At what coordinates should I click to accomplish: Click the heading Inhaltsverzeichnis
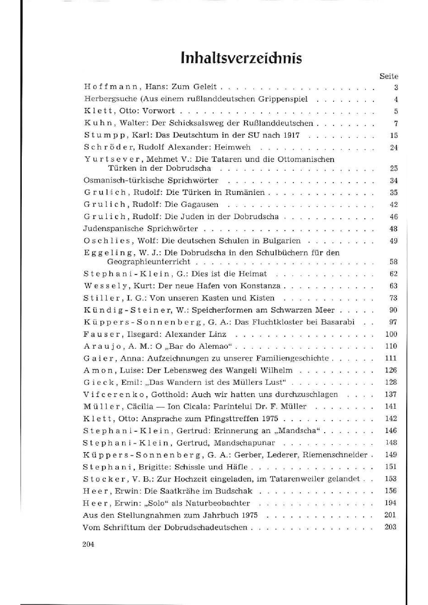242,58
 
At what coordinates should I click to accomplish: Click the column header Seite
389,76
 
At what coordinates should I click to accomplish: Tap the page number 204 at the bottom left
89,544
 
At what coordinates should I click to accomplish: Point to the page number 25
394,168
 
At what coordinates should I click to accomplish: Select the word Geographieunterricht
149,262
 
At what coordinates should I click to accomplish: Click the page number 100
391,334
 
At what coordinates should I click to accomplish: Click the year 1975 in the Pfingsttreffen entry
270,419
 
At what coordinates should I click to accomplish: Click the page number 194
391,503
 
